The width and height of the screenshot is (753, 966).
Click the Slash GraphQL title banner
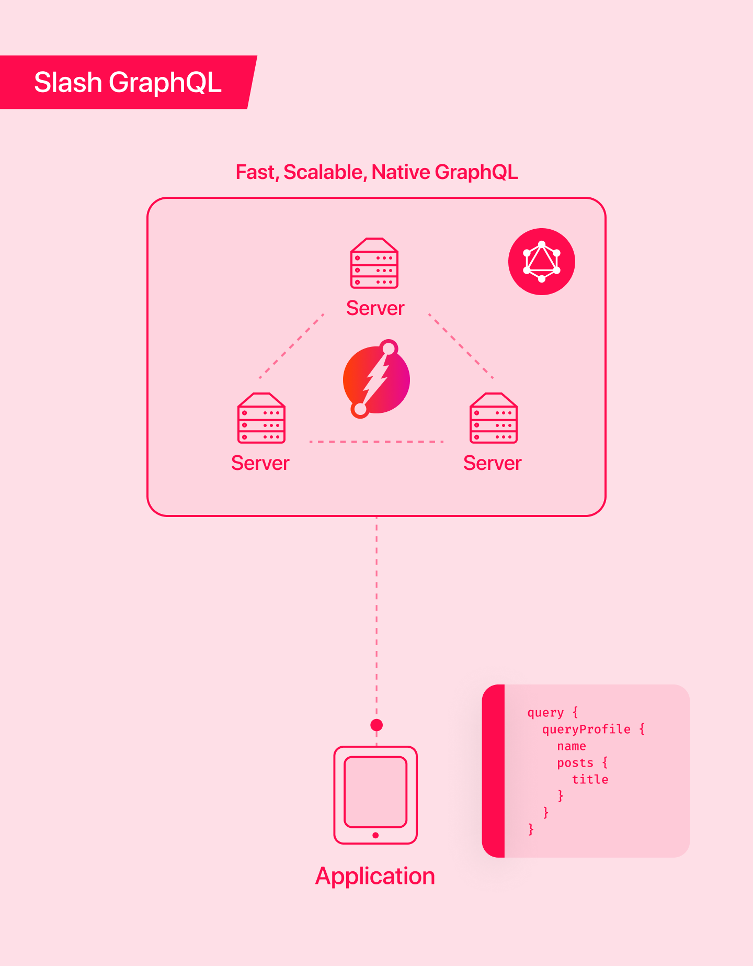(x=128, y=82)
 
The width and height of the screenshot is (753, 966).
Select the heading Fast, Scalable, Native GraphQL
(x=376, y=172)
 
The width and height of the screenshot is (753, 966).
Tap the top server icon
(x=374, y=263)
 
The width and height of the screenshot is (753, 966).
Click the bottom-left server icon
(x=261, y=418)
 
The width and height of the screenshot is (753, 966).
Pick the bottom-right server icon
(x=494, y=418)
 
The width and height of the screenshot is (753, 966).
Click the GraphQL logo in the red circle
(x=542, y=262)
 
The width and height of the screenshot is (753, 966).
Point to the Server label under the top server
(x=375, y=308)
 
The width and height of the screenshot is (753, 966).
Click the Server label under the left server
(x=260, y=463)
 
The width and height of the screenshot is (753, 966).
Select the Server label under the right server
(x=493, y=463)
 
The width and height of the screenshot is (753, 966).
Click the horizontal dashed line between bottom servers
(x=376, y=442)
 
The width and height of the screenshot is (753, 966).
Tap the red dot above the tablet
(x=376, y=725)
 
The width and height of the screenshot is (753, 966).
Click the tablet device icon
(x=375, y=794)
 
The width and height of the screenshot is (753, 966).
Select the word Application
(x=375, y=876)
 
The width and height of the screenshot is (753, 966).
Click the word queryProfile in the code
(x=586, y=729)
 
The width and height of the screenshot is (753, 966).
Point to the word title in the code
(x=590, y=780)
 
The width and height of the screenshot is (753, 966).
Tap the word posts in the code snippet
(x=575, y=763)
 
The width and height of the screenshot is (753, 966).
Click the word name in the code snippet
(x=572, y=746)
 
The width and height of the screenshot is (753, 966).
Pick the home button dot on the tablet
(x=375, y=835)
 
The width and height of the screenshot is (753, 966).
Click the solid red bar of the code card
(x=494, y=771)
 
